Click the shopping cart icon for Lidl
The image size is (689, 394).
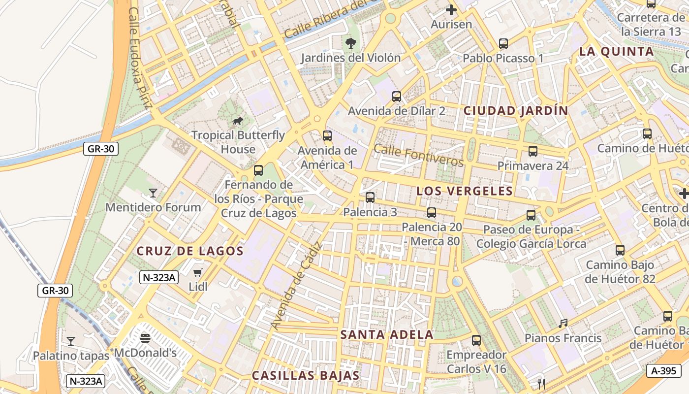198,272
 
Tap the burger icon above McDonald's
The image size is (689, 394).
145,338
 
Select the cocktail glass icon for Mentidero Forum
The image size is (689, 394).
153,193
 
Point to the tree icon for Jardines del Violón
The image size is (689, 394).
351,43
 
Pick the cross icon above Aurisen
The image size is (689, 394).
451,9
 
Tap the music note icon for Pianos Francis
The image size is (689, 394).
563,324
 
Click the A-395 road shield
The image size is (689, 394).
664,371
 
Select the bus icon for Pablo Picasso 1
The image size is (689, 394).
503,44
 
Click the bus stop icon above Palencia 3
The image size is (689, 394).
370,197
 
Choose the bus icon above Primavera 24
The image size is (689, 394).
533,151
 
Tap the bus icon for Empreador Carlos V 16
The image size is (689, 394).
476,340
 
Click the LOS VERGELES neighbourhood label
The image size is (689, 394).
465,191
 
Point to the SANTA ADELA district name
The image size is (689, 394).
387,335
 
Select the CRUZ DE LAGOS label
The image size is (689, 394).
190,251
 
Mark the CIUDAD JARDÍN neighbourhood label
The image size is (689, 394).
516,111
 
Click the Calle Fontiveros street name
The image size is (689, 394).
419,155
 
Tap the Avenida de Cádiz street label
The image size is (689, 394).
295,286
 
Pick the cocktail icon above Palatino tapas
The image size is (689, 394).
71,341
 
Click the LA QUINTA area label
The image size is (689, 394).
617,52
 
